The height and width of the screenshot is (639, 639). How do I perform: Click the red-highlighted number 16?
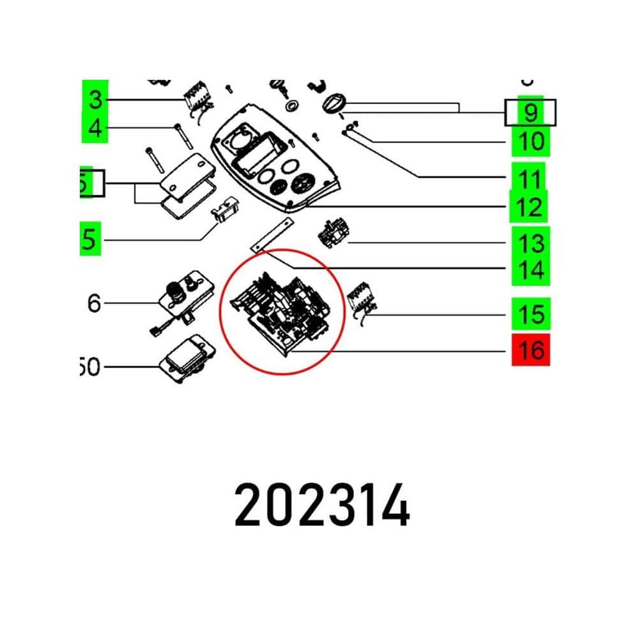530,350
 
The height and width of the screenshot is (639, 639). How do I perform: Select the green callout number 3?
95,100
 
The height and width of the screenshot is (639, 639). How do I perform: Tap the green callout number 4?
95,130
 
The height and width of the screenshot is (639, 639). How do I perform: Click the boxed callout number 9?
530,112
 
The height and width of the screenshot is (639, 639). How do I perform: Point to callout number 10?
530,141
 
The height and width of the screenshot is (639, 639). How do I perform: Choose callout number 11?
530,180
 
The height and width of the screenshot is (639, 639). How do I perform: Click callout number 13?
530,243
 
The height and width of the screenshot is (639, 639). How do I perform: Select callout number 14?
530,270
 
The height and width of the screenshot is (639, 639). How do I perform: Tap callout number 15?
530,314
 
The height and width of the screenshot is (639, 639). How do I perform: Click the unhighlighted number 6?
95,303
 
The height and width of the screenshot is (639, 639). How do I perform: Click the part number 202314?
321,504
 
